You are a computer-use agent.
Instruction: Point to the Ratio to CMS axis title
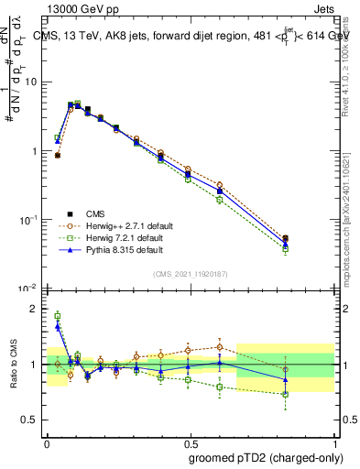pyautogui.click(x=15, y=364)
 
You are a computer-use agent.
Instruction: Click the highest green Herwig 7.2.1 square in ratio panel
pyautogui.click(x=58, y=316)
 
